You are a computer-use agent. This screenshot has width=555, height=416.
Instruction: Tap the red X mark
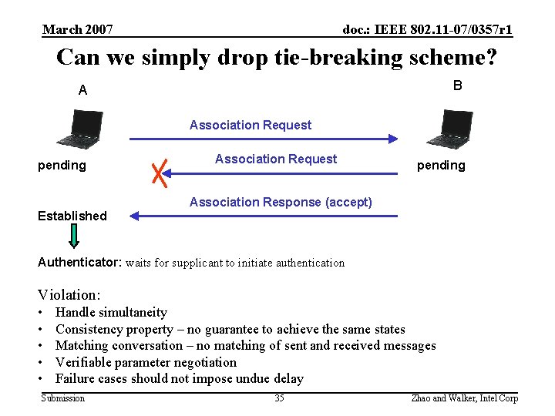point(160,173)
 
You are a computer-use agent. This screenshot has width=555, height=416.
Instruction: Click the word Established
point(72,216)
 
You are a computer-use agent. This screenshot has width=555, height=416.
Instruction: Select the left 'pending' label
point(62,165)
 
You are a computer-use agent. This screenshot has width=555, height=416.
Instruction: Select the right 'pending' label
point(441,165)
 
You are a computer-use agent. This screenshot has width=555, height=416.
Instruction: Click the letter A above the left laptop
point(82,90)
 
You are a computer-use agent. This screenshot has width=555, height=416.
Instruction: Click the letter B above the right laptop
point(457,86)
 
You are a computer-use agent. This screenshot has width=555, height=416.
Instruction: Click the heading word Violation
point(69,294)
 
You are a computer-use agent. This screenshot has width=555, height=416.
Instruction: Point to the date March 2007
point(78,30)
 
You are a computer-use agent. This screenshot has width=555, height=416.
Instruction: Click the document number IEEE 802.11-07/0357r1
point(428,30)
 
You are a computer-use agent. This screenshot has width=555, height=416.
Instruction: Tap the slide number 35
point(279,398)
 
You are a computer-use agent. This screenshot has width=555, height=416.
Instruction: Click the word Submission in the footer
point(63,398)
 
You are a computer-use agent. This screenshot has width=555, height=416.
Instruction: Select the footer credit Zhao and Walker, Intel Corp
point(466,398)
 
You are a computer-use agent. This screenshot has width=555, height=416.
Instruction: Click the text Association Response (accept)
point(281,202)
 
